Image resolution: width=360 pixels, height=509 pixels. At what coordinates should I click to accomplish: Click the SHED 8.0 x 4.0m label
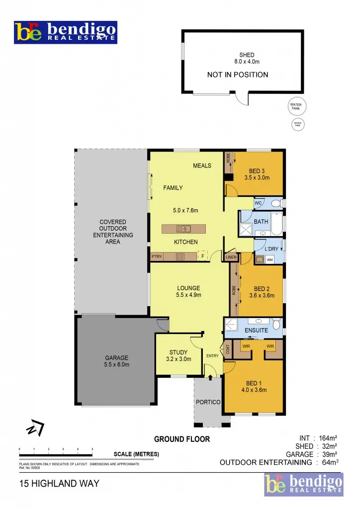(247, 58)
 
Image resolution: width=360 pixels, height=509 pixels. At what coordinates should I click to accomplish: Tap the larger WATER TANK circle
(296, 107)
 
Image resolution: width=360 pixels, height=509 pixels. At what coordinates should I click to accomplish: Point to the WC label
(258, 203)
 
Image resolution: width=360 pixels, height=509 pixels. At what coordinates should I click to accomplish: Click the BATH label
(261, 221)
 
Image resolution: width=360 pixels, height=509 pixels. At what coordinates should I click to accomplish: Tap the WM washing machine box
(270, 259)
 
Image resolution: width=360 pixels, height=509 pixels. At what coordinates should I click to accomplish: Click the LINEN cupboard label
(231, 257)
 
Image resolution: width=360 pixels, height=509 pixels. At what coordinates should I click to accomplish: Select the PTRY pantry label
(157, 257)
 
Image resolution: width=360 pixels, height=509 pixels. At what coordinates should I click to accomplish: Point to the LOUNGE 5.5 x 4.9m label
(188, 291)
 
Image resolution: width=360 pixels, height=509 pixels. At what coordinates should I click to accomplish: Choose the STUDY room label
(178, 355)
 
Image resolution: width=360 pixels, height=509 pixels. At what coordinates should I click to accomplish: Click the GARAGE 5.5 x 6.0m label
(117, 361)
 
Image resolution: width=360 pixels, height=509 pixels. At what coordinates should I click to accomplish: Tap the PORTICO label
(208, 402)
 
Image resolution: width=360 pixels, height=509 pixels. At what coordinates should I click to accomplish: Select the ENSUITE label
(257, 330)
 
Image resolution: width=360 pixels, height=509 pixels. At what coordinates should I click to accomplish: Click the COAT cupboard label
(228, 350)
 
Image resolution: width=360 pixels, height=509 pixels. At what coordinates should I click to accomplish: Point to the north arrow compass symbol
(36, 428)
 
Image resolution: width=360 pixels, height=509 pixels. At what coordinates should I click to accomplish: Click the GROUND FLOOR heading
(182, 439)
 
